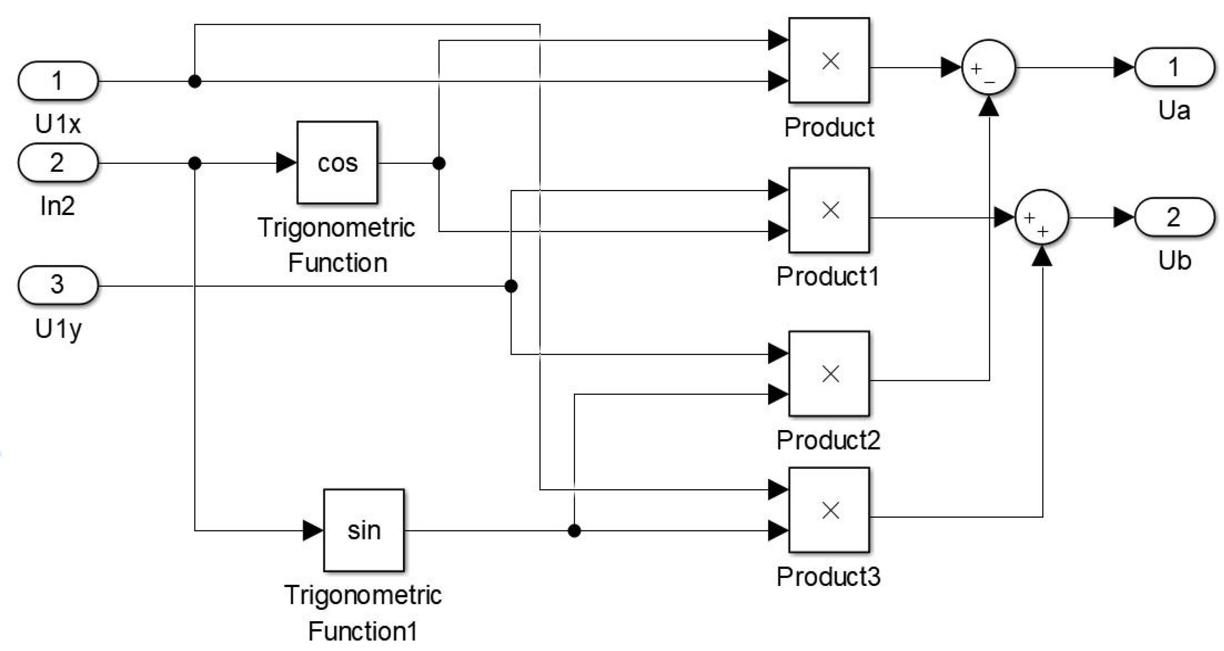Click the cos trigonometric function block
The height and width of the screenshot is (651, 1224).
[x=337, y=162]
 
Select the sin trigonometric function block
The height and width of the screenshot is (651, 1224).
[x=364, y=530]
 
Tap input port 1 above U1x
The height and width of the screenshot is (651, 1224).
[x=58, y=81]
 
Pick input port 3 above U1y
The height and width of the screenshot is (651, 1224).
[x=58, y=285]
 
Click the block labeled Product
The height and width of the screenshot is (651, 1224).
[x=829, y=60]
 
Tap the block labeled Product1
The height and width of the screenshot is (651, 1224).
[x=829, y=210]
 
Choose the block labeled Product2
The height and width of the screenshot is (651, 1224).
[x=829, y=374]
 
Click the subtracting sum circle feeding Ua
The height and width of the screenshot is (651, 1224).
[x=989, y=67]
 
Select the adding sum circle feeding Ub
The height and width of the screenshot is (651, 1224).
[x=1042, y=217]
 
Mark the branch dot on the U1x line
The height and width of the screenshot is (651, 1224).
[x=195, y=81]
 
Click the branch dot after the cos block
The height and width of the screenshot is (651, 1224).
[x=439, y=163]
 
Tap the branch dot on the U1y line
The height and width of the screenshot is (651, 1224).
[x=511, y=286]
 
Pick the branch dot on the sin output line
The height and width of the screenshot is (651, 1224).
[x=574, y=530]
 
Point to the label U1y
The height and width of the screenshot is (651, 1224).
[x=58, y=328]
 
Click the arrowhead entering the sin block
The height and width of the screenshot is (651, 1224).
[x=313, y=530]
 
